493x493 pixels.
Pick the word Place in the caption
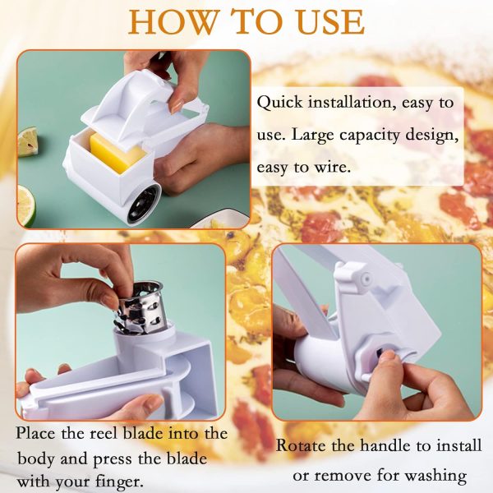(38, 432)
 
